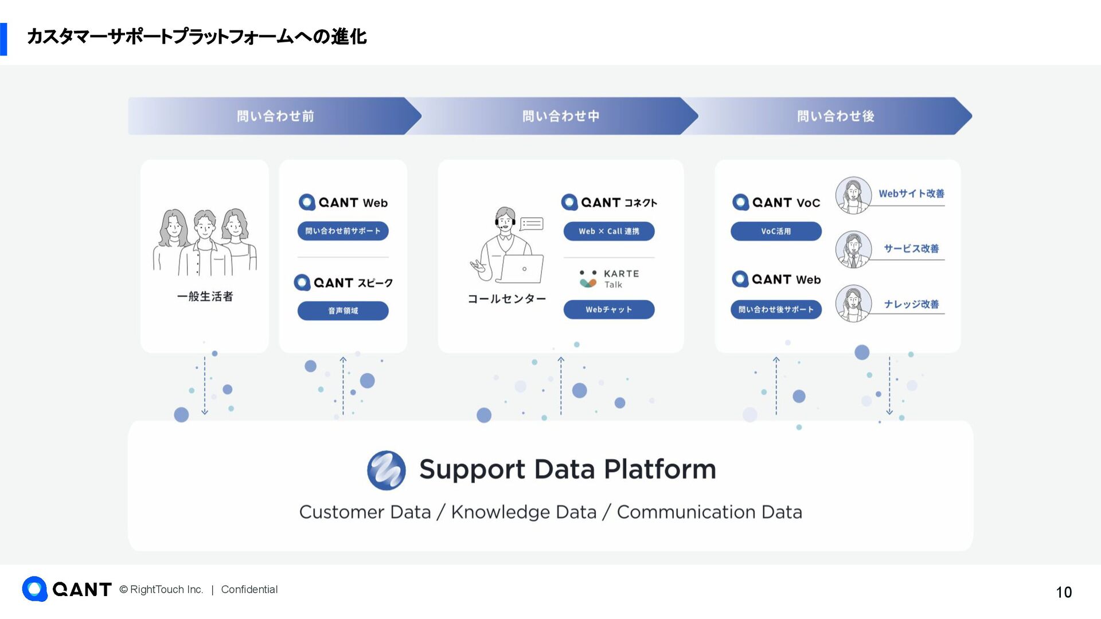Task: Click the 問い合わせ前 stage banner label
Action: tap(275, 116)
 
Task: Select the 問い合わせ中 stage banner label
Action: tap(561, 116)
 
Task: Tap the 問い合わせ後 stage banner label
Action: tap(835, 116)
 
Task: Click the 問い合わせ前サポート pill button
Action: tap(343, 231)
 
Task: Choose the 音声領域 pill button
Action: tap(343, 311)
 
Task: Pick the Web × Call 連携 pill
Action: tap(608, 231)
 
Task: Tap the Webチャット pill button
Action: tap(608, 309)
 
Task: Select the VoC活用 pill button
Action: tap(776, 231)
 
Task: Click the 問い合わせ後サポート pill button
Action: tap(776, 309)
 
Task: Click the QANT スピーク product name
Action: tap(343, 283)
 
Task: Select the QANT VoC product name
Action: tap(776, 202)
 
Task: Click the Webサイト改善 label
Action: tap(911, 194)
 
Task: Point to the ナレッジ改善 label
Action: tap(911, 304)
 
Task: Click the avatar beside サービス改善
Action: tap(853, 249)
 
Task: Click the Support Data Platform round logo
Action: tap(386, 470)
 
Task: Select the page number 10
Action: tap(1064, 592)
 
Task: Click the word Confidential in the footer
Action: tap(249, 589)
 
